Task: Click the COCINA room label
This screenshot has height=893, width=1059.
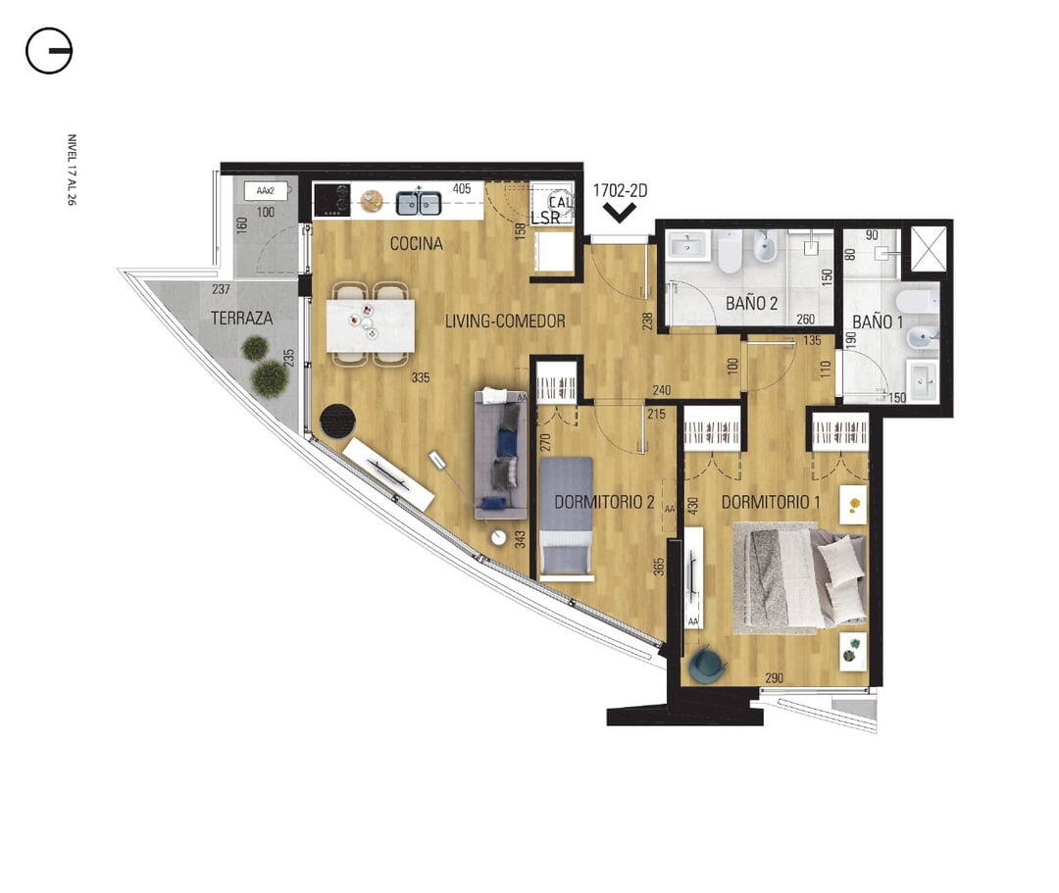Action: [416, 244]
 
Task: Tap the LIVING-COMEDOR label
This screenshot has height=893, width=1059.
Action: [505, 322]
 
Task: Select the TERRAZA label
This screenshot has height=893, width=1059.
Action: [242, 318]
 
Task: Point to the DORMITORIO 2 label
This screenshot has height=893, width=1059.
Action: [604, 502]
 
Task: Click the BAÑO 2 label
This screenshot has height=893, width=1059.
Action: [751, 303]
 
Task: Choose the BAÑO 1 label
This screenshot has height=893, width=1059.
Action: [878, 322]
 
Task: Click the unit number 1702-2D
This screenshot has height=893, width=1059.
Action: [620, 191]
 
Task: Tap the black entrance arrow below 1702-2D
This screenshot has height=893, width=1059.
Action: [620, 214]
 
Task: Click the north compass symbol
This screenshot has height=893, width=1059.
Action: [49, 51]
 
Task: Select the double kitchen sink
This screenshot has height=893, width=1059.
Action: [418, 203]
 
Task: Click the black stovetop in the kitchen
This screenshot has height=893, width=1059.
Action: [332, 200]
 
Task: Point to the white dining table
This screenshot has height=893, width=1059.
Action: [370, 325]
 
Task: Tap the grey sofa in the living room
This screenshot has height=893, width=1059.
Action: [500, 454]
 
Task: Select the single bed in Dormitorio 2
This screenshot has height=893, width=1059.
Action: [566, 519]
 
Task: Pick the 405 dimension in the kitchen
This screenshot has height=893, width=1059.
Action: [462, 189]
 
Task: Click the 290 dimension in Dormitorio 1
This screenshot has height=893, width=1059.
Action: [774, 677]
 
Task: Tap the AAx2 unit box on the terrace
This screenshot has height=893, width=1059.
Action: [266, 191]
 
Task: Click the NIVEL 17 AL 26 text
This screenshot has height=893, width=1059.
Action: [72, 170]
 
